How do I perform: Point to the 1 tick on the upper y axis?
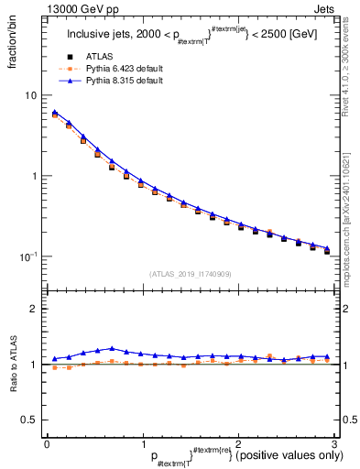35,176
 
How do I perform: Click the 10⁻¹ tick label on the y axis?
30,256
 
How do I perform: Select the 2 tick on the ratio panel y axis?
35,310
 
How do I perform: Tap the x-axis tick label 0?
47,444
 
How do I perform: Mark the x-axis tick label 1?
142,444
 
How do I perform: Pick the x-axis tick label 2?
238,444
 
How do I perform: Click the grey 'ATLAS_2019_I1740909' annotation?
190,274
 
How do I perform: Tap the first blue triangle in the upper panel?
55,113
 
